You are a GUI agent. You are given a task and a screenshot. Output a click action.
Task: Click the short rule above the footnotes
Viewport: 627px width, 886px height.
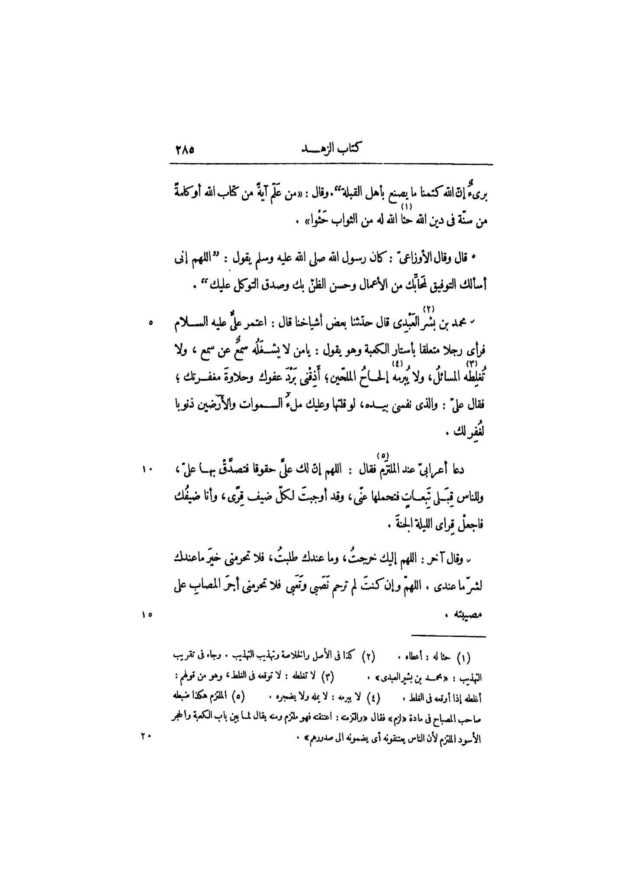coord(448,636)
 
